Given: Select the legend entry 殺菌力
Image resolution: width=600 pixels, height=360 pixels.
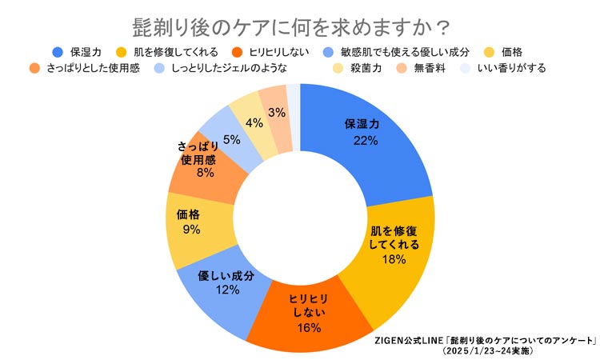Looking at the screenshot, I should pos(364,68).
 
